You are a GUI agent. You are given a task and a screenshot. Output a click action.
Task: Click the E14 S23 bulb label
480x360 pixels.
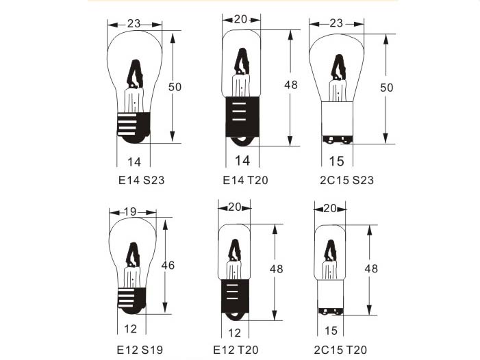[x=142, y=180]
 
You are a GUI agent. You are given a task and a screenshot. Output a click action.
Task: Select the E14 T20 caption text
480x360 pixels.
[x=246, y=180]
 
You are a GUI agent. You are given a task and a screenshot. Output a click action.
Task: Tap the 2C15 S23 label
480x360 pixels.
[x=347, y=180]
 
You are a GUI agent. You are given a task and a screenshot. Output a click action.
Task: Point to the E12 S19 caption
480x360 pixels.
[x=140, y=350]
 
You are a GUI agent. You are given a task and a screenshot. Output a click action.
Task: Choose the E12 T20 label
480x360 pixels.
[x=236, y=350]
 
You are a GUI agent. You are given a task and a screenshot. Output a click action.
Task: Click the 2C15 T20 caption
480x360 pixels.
[x=340, y=350]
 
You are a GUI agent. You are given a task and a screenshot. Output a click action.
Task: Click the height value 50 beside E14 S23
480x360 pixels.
[x=175, y=87]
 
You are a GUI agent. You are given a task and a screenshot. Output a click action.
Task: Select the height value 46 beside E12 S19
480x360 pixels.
[x=168, y=265]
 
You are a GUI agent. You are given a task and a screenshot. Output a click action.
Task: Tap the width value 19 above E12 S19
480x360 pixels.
[x=130, y=211]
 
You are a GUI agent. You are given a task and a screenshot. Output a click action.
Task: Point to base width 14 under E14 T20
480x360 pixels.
[x=242, y=161]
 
